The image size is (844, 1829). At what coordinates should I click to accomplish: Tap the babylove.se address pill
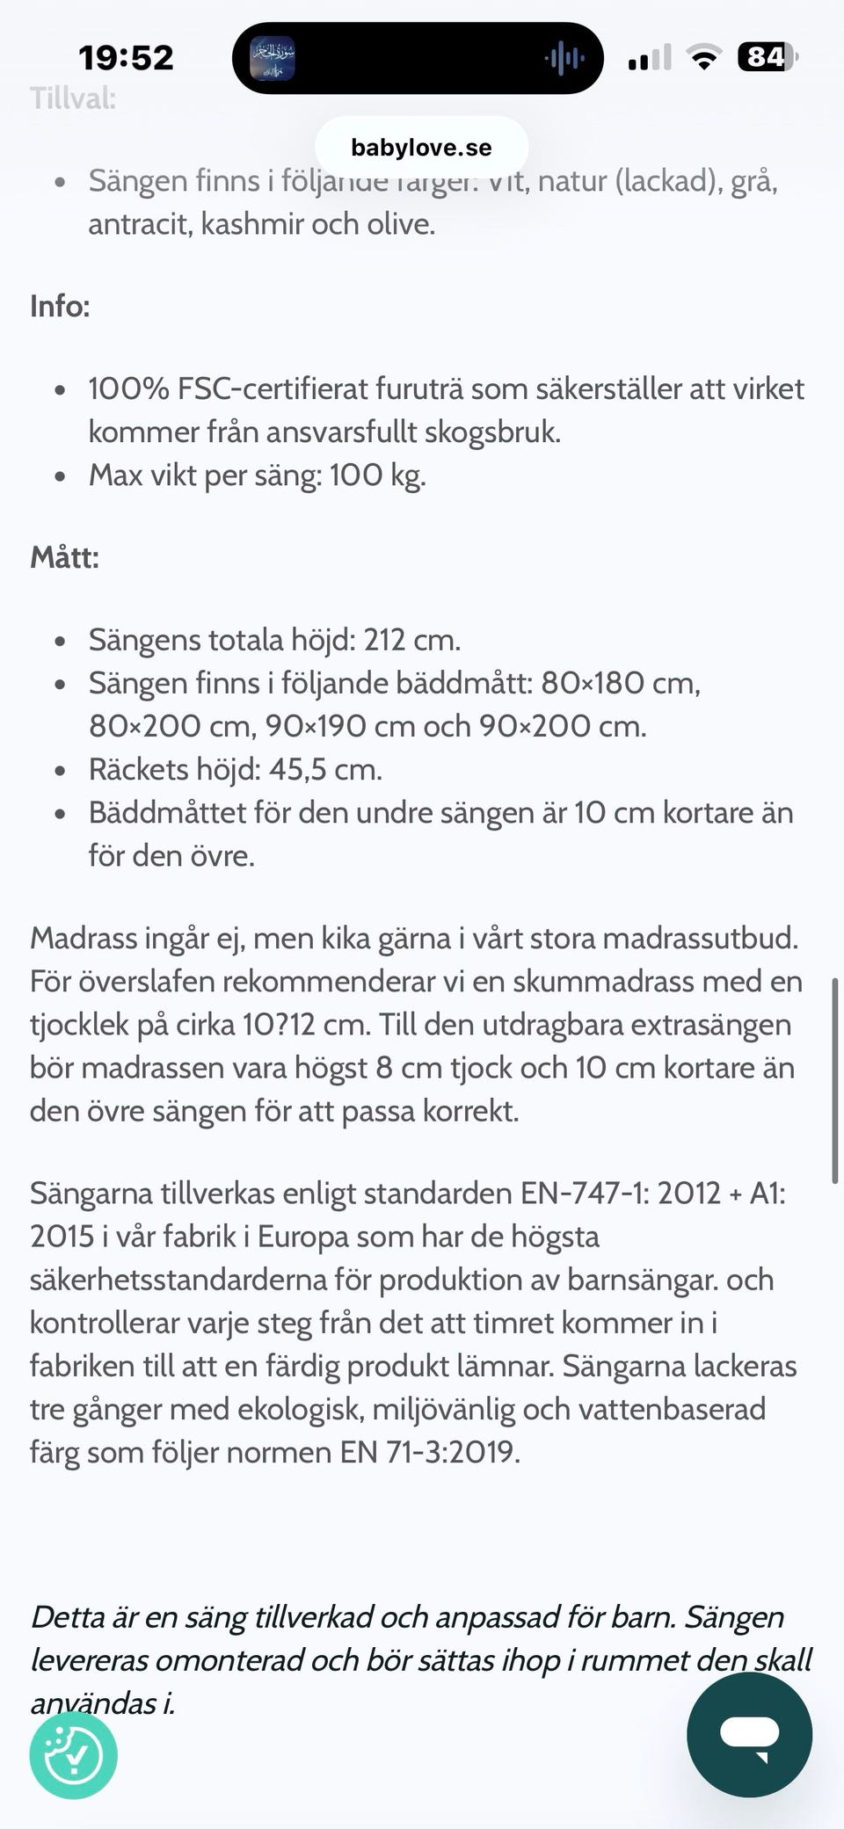[x=421, y=147]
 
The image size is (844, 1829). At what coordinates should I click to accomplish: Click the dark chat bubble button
[x=749, y=1734]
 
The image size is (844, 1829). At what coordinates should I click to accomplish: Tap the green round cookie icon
[x=74, y=1754]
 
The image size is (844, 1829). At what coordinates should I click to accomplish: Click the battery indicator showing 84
[x=767, y=58]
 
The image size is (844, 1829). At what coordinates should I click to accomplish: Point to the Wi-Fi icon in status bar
[x=703, y=58]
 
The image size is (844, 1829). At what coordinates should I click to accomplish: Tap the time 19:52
[x=127, y=58]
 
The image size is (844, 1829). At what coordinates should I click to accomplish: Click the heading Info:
[x=60, y=306]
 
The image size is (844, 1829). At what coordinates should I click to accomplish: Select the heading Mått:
[x=64, y=557]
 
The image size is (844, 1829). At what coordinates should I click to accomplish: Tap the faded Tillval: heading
[x=73, y=98]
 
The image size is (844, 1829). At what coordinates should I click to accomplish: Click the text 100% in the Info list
[x=128, y=388]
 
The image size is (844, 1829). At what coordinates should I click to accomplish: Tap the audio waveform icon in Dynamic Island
[x=564, y=59]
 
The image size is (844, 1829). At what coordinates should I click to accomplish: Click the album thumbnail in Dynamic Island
[x=273, y=59]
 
